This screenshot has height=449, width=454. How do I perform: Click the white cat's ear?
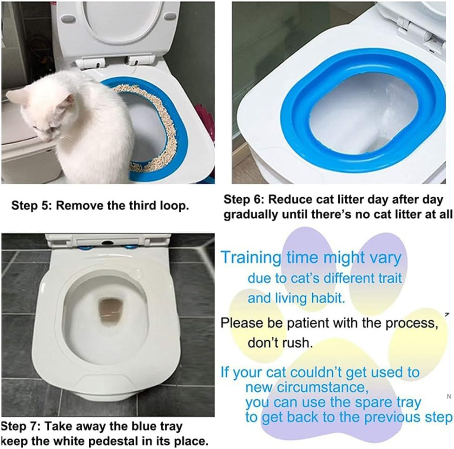[69, 101]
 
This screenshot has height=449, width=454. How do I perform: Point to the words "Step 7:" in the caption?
[20, 426]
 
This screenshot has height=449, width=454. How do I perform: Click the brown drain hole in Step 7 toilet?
[110, 309]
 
